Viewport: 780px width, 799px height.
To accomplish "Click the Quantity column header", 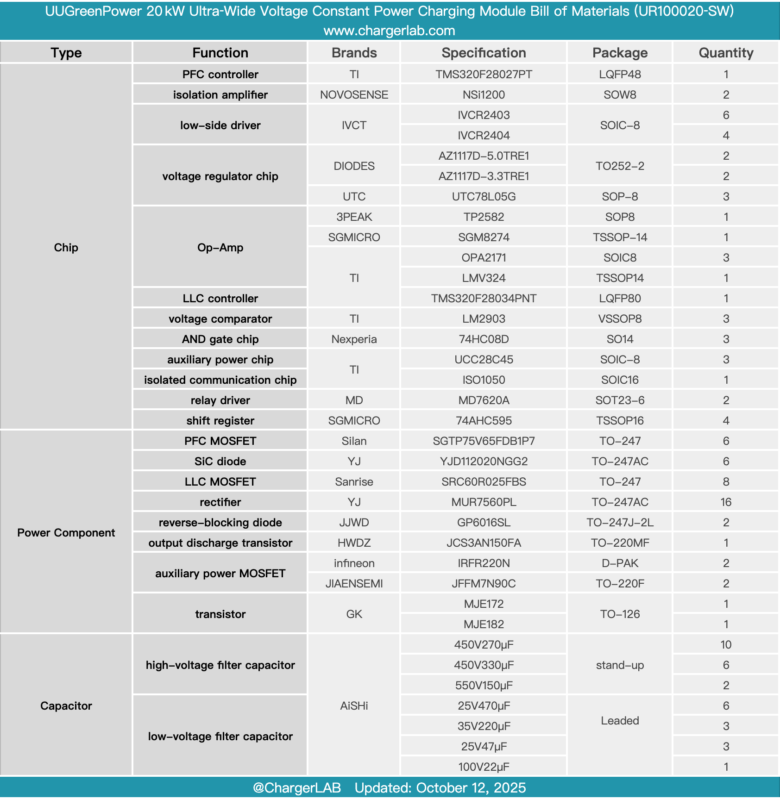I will point(725,53).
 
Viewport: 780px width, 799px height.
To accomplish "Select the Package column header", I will point(620,53).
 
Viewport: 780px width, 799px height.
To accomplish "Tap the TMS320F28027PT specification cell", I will point(484,74).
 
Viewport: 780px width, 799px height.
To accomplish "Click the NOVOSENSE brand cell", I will point(354,94).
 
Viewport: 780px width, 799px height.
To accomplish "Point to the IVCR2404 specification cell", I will point(484,135).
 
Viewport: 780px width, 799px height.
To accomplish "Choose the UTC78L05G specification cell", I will point(484,196).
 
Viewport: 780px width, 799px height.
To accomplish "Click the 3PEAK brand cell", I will point(354,217).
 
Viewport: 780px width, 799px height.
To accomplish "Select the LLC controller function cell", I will point(220,298).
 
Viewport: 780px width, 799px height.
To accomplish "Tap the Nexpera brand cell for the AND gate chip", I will point(354,339).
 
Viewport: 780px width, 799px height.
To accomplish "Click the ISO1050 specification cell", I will point(484,380).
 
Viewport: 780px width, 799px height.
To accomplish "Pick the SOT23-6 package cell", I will point(620,400).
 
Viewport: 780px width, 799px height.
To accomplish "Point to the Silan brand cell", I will point(354,441).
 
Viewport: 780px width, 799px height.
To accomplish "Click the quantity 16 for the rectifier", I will point(725,502).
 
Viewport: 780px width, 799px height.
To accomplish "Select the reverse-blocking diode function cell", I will point(220,522).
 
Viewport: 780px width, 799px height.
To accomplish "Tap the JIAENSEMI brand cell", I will point(354,583).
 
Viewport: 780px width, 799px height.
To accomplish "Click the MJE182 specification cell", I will point(484,624).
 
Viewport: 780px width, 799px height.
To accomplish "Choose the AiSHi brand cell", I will point(354,705).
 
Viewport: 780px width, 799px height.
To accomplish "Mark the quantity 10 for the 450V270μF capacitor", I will point(725,644).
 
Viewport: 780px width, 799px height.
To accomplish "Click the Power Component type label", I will point(66,532).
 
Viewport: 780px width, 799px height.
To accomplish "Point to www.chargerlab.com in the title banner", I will point(389,31).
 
